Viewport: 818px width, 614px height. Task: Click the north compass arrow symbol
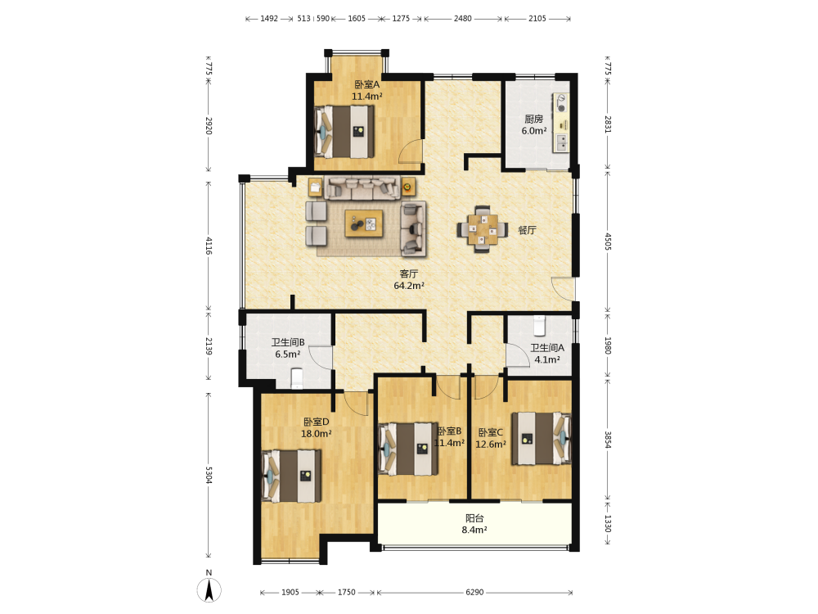209,590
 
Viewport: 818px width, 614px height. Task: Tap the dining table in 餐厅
483,228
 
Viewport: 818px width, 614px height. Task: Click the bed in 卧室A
344,132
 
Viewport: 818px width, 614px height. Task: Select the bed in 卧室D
291,476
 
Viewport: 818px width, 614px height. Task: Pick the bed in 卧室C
541,439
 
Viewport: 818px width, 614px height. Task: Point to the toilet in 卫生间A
539,326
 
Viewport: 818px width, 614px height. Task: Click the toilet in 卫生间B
296,378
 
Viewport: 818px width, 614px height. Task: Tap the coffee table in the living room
364,223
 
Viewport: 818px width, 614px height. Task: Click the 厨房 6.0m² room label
534,124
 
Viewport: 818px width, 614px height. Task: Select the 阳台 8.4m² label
474,524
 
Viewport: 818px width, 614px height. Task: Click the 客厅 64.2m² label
408,279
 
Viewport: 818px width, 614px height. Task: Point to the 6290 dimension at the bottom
474,592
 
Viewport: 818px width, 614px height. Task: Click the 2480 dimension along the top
462,18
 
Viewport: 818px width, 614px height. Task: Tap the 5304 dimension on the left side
209,475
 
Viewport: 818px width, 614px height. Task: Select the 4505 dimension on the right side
608,242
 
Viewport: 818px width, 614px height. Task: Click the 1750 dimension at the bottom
346,592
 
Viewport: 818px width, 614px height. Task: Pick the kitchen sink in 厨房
562,142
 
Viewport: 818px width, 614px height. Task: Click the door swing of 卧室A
410,152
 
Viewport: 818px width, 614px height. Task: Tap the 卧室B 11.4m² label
449,437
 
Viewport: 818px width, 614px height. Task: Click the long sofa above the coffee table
362,188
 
